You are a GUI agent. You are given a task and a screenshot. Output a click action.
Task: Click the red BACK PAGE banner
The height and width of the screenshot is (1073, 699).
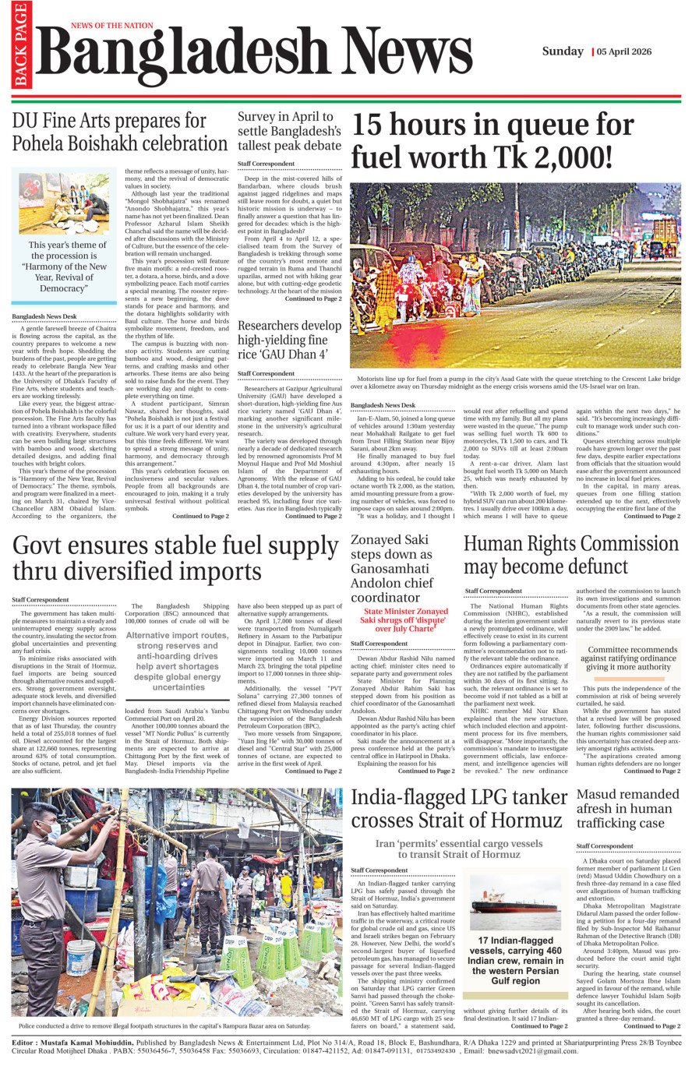pos(20,45)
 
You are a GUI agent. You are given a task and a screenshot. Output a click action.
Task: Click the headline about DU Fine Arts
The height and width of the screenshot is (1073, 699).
pos(120,132)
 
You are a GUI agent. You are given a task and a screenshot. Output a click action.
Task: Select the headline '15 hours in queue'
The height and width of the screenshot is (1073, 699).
pos(492,141)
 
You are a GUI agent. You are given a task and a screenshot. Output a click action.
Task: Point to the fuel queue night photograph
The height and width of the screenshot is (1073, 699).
pos(515,277)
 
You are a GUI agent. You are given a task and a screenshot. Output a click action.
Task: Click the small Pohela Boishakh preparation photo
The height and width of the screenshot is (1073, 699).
pos(64,204)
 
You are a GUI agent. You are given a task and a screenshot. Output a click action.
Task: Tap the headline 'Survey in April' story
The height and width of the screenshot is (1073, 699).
pos(289,131)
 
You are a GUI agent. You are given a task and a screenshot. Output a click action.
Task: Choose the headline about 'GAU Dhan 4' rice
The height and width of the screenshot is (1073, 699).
pos(289,340)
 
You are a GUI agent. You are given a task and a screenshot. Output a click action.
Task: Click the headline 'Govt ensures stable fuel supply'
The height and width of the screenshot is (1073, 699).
pos(175,558)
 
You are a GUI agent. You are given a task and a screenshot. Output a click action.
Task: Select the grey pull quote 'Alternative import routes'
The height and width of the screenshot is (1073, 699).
pos(178,661)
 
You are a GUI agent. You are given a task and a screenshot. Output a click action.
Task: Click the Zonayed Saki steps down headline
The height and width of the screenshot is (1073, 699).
pos(391,568)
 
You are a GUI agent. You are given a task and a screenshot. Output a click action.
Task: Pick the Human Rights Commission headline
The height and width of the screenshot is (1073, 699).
pos(570,555)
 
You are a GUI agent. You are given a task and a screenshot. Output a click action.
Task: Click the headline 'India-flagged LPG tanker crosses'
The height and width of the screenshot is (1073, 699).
pos(458,809)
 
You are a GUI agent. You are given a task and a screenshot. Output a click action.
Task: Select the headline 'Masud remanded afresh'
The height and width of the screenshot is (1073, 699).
pos(627,809)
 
